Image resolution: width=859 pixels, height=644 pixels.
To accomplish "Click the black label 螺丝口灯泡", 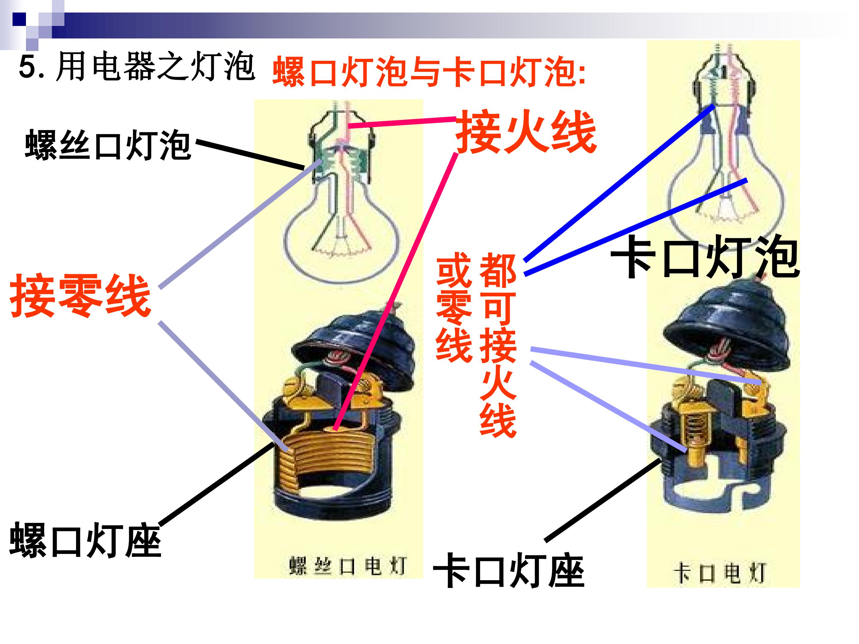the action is click(108, 145).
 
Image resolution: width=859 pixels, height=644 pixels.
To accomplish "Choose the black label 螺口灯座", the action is click(85, 540).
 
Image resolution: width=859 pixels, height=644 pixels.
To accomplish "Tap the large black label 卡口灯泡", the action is click(705, 257).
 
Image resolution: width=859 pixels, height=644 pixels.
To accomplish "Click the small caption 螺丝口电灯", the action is click(347, 566).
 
